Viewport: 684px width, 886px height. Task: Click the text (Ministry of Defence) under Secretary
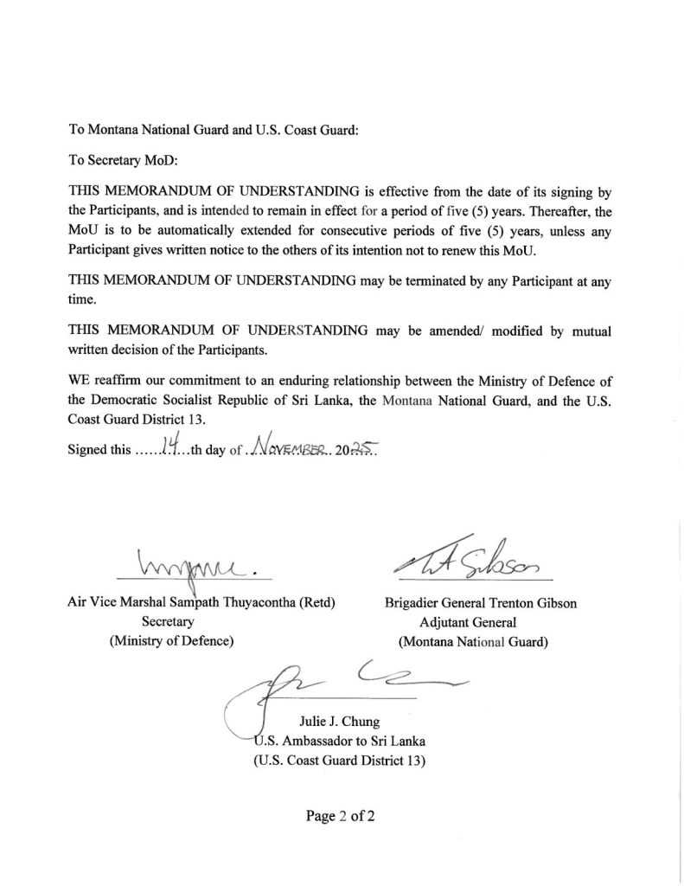170,641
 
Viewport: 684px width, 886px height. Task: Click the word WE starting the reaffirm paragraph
78,380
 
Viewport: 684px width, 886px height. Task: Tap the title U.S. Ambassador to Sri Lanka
339,742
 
